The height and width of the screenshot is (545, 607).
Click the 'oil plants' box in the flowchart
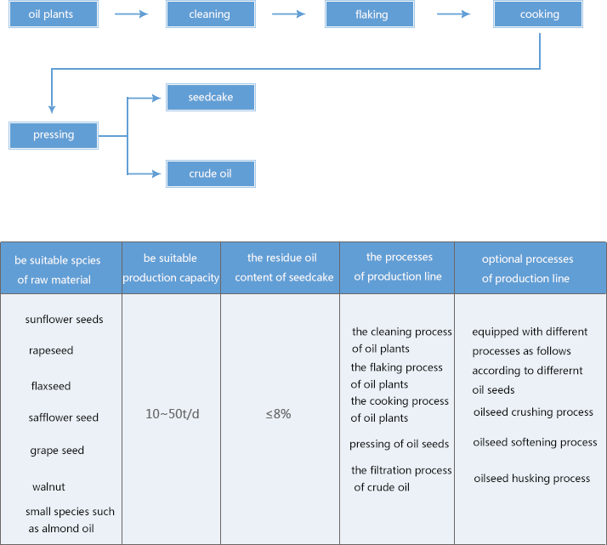pos(54,14)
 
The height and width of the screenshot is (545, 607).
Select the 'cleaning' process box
pos(211,14)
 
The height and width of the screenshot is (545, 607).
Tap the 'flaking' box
pos(370,14)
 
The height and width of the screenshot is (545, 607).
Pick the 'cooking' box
pos(538,14)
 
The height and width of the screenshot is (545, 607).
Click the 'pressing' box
pos(54,135)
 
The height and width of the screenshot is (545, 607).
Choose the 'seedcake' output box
pos(211,97)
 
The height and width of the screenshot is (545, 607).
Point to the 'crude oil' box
pos(211,173)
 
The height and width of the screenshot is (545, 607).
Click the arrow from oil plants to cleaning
pos(132,14)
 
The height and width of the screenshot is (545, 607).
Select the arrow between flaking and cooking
pos(454,14)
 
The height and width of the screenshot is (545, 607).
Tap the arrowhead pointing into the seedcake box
pos(156,98)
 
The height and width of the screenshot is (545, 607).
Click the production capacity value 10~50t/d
pos(173,414)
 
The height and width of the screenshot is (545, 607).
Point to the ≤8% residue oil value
pos(278,414)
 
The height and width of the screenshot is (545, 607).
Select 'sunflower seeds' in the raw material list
pos(65,320)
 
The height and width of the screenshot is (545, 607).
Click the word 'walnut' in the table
pos(48,486)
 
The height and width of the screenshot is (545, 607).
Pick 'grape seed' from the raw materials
pos(57,451)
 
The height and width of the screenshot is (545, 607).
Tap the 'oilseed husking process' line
pos(532,479)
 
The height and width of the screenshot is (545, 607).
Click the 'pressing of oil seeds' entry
pos(399,444)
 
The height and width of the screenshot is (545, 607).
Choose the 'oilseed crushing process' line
pos(533,412)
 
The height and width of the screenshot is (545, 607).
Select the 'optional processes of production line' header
pos(526,268)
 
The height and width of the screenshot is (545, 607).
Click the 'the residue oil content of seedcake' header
pos(284,268)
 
